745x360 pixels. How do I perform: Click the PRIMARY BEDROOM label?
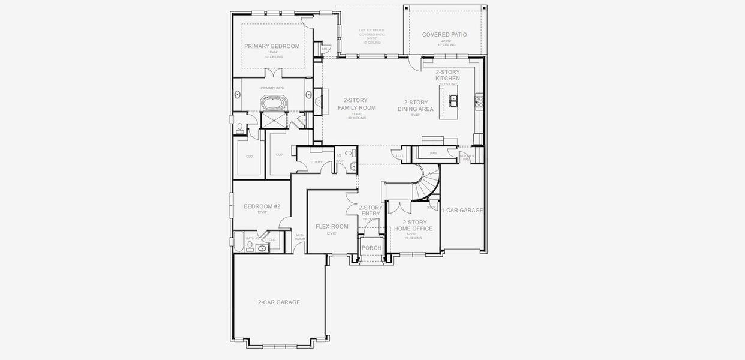click(272, 46)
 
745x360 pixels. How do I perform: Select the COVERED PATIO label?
click(444, 35)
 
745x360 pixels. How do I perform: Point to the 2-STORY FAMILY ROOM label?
click(356, 104)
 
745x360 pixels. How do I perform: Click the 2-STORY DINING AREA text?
click(415, 106)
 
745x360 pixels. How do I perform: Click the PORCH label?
click(371, 248)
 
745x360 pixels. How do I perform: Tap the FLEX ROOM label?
click(332, 226)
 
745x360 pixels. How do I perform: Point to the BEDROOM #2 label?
click(262, 206)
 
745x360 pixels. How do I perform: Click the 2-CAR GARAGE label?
click(278, 302)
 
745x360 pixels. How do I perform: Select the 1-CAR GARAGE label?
click(462, 211)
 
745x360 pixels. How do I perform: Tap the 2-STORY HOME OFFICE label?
click(414, 226)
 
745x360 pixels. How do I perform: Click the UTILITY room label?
click(316, 162)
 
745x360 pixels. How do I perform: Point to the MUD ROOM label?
click(299, 237)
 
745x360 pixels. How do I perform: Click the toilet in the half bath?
click(353, 166)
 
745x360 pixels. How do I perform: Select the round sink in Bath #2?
click(262, 247)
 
